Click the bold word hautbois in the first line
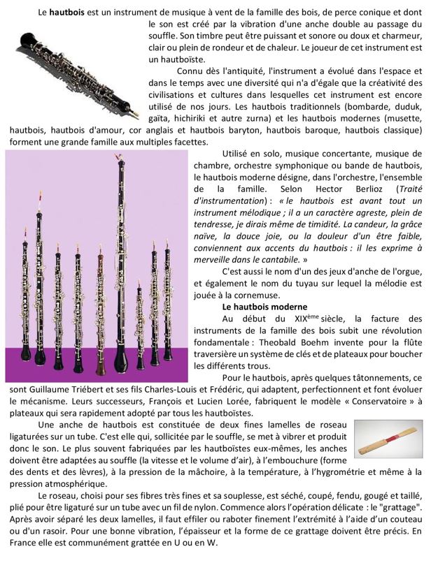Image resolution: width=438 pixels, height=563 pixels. pyautogui.click(x=64, y=13)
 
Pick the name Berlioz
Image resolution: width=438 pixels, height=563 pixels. pyautogui.click(x=358, y=189)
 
